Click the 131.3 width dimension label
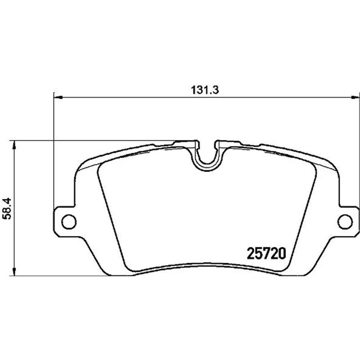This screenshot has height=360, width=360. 205,90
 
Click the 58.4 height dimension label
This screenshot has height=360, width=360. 7,209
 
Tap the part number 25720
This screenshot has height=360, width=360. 266,253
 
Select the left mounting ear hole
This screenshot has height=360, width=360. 69,222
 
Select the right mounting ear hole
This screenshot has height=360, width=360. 345,222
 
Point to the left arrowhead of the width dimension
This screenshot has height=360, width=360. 58,98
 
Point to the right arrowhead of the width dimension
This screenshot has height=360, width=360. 355,98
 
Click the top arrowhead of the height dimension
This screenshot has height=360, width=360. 14,144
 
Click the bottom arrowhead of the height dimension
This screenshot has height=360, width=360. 14,271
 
